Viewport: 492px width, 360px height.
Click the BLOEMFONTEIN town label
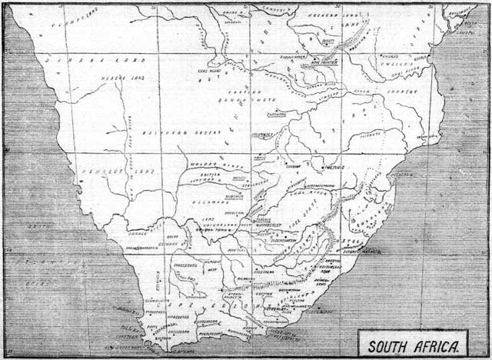[x=287, y=238]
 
